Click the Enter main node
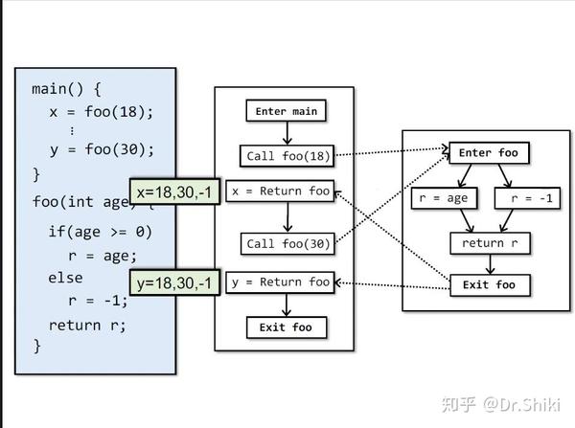[285, 112]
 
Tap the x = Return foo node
[280, 191]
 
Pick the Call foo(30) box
[287, 243]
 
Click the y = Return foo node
[280, 282]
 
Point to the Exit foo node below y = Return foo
[286, 327]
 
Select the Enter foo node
[489, 153]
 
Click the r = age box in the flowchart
[444, 198]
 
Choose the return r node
[490, 243]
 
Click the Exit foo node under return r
[489, 284]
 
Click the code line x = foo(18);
[101, 111]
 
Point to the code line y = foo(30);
[101, 150]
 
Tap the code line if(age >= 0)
[100, 232]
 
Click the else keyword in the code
[66, 278]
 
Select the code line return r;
[87, 324]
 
